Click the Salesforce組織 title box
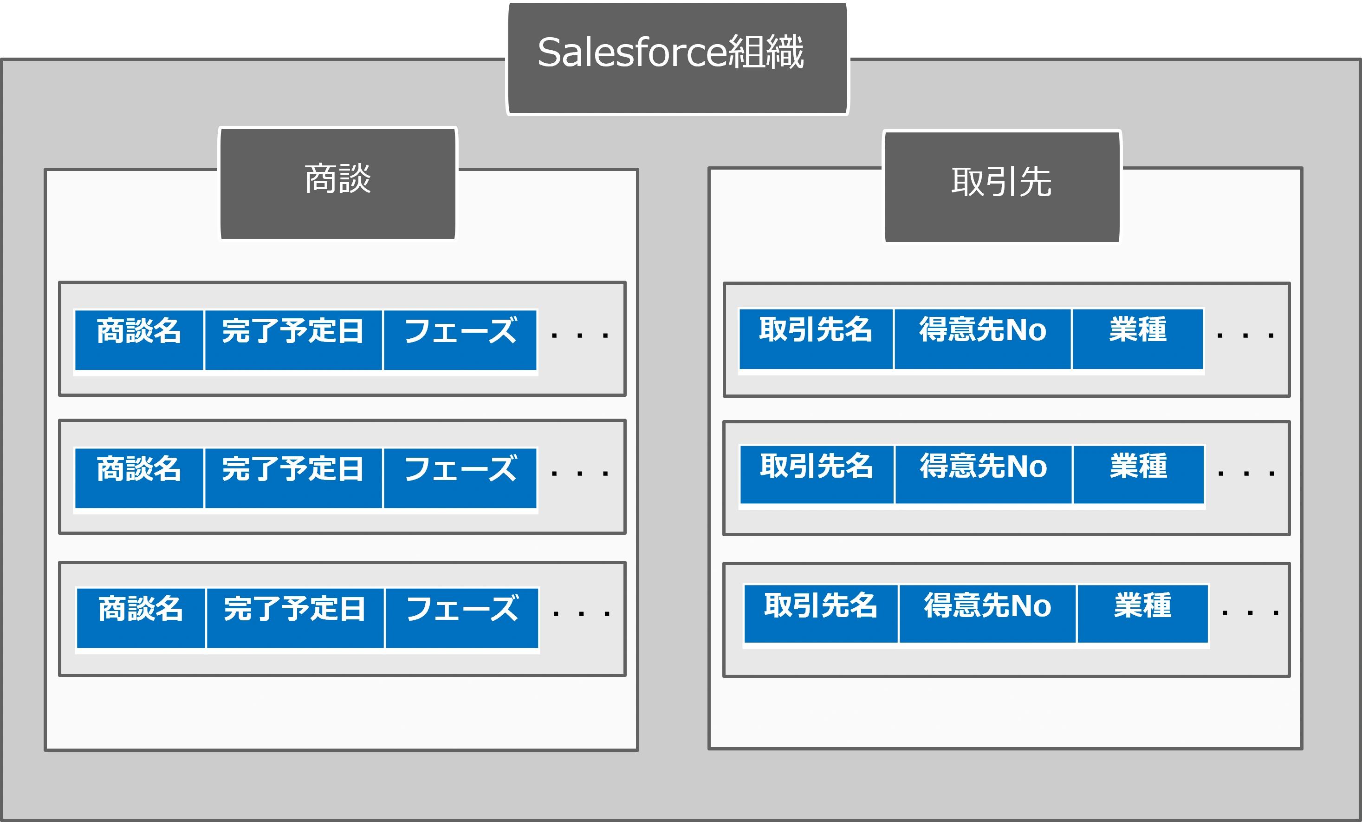point(678,58)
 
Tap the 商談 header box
point(338,184)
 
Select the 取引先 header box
point(1002,187)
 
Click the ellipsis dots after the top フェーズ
point(580,335)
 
